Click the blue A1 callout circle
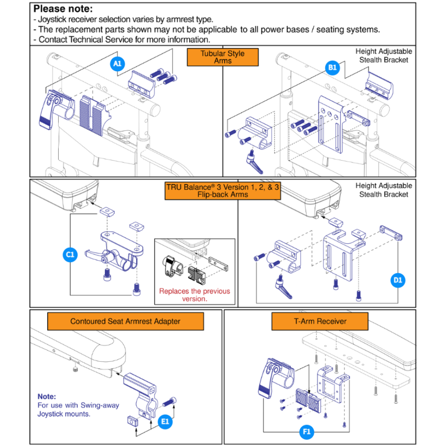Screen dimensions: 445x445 coord(117,64)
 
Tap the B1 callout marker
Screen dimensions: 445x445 coord(332,68)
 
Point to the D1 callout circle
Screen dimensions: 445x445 coord(397,280)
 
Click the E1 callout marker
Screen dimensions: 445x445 coord(165,421)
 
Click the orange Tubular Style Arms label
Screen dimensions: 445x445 coord(222,57)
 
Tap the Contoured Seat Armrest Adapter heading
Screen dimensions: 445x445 coord(125,321)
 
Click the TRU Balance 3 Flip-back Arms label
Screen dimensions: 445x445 coord(222,190)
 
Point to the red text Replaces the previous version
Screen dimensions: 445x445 coord(194,295)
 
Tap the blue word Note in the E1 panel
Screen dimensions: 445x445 coord(47,396)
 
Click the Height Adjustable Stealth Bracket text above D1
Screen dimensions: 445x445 coord(384,190)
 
